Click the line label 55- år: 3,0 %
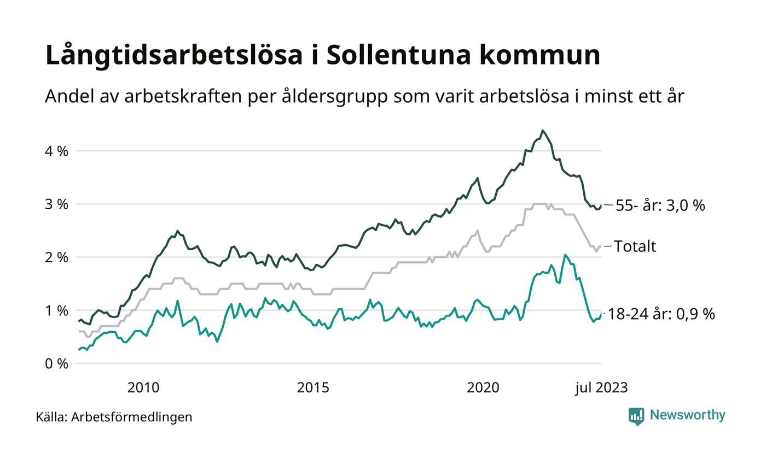[660, 205]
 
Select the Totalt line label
[635, 246]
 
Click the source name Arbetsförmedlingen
[132, 417]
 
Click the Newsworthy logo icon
[636, 416]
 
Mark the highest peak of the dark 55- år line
[542, 131]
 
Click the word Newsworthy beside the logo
[688, 415]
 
